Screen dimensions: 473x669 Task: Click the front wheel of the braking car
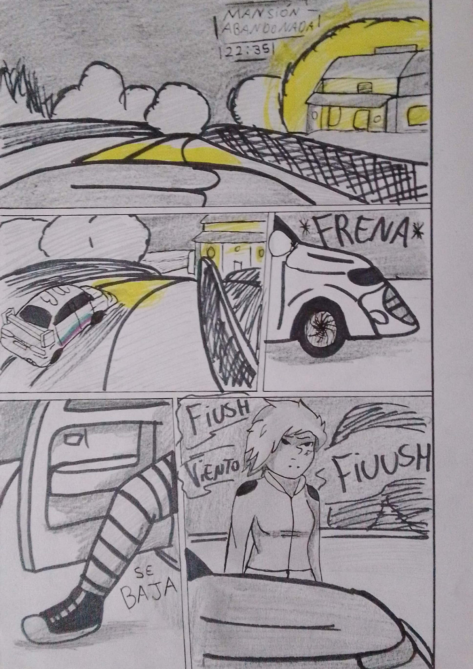[x=320, y=328]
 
